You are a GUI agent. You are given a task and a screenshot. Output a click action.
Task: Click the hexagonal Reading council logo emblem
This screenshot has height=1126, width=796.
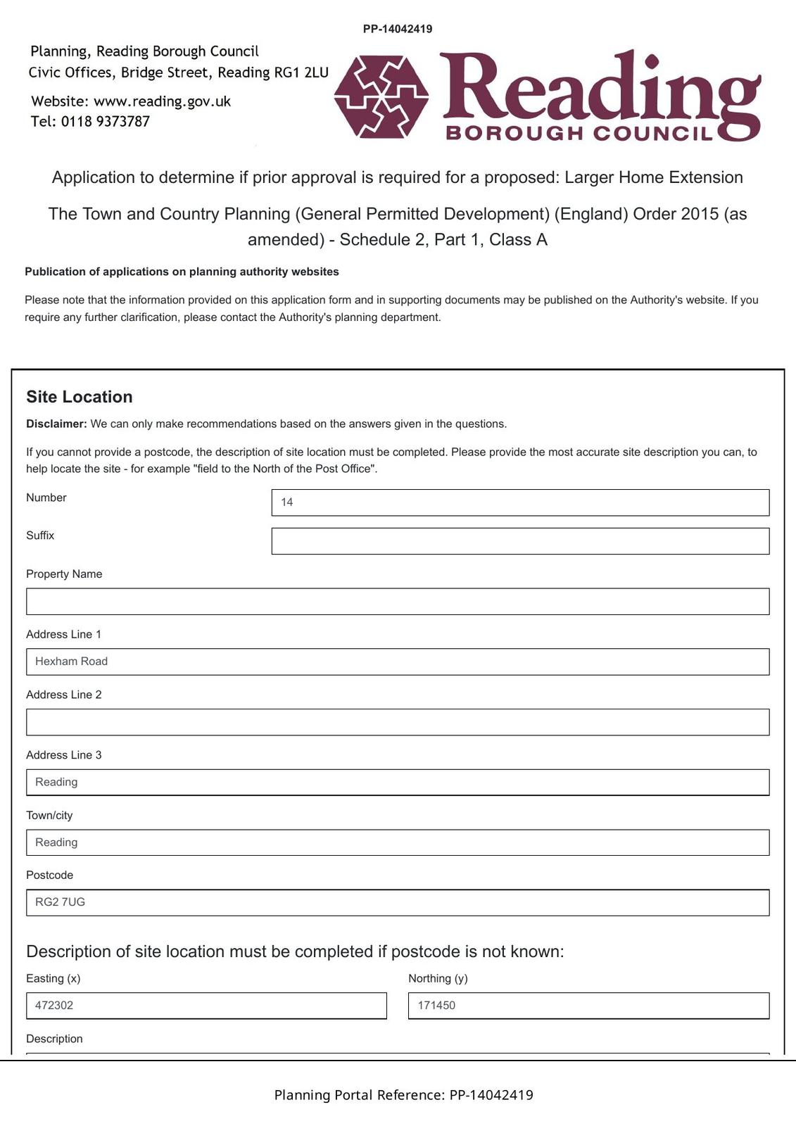coord(381,96)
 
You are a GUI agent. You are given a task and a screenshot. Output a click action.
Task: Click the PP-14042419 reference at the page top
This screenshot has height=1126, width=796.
coord(398,29)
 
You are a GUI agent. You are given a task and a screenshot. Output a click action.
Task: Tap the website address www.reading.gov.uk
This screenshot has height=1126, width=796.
coord(162,101)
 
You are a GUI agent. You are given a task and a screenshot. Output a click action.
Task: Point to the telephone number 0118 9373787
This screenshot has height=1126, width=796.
coord(105,121)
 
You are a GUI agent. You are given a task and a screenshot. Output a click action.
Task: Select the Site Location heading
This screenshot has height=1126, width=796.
coord(80,397)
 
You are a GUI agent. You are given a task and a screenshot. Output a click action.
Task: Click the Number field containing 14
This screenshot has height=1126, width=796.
coord(520,502)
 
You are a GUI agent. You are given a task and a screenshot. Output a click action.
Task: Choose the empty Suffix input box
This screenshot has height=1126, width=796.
coord(520,541)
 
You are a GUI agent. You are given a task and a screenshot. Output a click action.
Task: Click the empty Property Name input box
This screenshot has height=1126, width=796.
coord(398,602)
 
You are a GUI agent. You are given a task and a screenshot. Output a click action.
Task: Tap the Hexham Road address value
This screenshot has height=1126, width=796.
coord(72,662)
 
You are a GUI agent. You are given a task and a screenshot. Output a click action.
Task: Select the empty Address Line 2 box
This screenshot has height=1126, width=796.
coord(398,722)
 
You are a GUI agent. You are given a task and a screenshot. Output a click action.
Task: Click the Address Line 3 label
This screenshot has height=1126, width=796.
coord(64,755)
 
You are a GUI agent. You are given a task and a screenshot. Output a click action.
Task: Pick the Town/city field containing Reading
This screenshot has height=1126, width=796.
coord(398,842)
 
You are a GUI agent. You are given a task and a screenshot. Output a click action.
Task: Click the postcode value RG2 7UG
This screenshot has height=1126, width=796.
coord(61,902)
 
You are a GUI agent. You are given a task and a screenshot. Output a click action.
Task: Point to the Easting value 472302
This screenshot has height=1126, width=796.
coord(54,1006)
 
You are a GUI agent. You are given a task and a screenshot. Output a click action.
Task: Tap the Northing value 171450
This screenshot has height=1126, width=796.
coord(436,1006)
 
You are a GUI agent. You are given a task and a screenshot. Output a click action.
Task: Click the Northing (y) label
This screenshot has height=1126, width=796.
coord(438,978)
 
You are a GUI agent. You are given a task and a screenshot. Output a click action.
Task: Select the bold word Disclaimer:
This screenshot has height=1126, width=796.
coord(56,424)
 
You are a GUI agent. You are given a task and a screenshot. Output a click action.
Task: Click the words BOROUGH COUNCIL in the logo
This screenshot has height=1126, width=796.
coord(579,133)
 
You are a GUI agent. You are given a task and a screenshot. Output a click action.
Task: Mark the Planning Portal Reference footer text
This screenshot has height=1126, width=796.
coord(403,1095)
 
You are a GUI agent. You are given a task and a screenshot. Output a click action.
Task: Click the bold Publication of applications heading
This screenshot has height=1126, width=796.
coord(182,272)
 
